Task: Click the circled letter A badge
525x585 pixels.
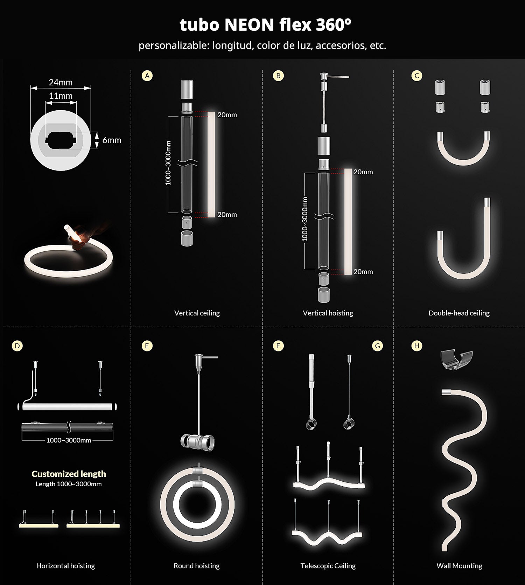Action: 147,76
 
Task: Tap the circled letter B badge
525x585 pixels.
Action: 278,76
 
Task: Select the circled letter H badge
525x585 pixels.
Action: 416,346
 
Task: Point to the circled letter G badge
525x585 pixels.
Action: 377,346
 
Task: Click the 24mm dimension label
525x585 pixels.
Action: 61,82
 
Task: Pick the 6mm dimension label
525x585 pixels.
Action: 112,140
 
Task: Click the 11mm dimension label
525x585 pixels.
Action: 61,96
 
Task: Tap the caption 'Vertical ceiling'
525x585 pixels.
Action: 197,313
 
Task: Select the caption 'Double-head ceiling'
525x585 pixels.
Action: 459,313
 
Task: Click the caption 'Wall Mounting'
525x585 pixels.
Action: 459,566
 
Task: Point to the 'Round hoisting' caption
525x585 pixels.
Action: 197,566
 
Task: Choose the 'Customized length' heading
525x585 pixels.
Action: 69,474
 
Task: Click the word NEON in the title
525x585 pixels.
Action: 249,25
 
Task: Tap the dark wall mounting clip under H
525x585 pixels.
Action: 456,361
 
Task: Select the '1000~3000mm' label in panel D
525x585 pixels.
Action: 69,440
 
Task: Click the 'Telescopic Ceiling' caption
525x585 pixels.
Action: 328,566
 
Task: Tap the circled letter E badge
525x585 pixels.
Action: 147,346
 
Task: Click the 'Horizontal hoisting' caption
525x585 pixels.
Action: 65,566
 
